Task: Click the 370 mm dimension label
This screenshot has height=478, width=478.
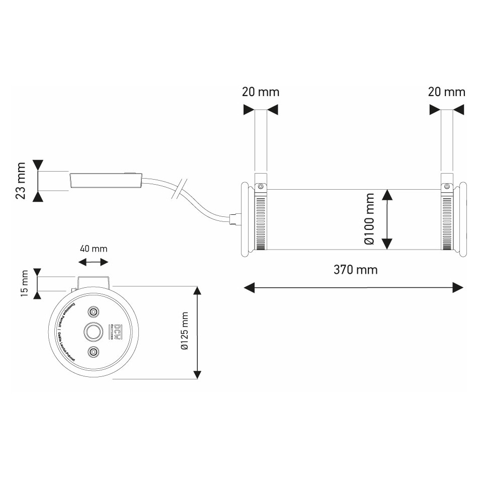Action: click(x=355, y=270)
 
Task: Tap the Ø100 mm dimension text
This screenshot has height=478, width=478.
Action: click(x=370, y=219)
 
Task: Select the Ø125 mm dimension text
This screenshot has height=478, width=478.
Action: click(x=184, y=332)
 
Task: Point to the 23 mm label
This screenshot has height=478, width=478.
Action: click(x=21, y=181)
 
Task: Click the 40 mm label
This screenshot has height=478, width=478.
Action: click(x=93, y=249)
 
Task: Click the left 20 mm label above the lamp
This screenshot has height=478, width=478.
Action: click(x=260, y=92)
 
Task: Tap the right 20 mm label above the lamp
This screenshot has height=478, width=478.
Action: click(x=446, y=92)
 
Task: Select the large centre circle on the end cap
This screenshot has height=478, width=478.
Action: click(x=93, y=332)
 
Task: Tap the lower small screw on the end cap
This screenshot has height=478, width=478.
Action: click(x=93, y=352)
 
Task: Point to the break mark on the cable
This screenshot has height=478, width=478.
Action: click(x=180, y=189)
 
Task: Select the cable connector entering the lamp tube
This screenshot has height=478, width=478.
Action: click(x=234, y=219)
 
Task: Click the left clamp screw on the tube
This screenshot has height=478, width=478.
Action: click(x=261, y=186)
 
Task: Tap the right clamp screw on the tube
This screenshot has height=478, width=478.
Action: click(x=446, y=186)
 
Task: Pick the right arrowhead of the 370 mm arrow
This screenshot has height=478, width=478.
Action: click(x=458, y=287)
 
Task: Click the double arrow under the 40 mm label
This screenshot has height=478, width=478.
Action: click(x=94, y=262)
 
